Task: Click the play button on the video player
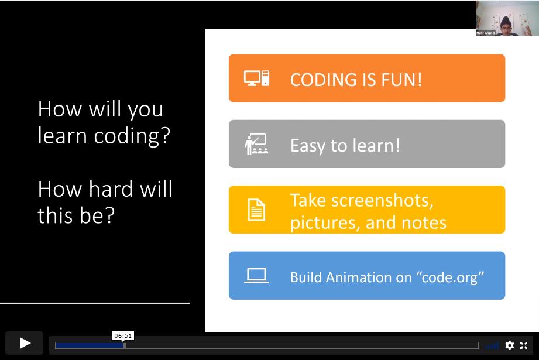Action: coord(25,343)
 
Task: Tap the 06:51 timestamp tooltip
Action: coord(123,335)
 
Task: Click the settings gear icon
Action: coord(510,345)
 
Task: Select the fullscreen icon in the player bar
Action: coord(524,345)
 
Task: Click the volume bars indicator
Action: coord(492,346)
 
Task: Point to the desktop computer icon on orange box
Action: coord(256,78)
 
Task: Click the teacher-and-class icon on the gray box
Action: coord(256,145)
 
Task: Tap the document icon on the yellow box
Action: coord(256,210)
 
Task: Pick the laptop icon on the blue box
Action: coord(256,276)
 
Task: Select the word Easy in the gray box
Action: coord(307,145)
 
